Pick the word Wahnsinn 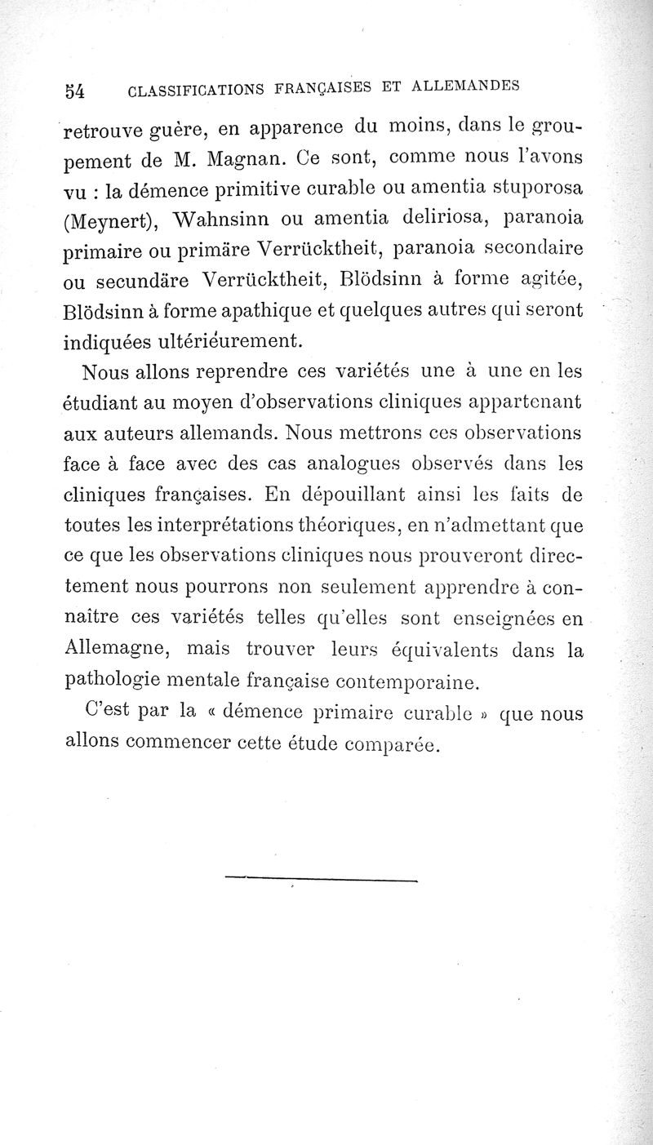tap(221, 221)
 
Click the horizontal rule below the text tap(320, 878)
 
